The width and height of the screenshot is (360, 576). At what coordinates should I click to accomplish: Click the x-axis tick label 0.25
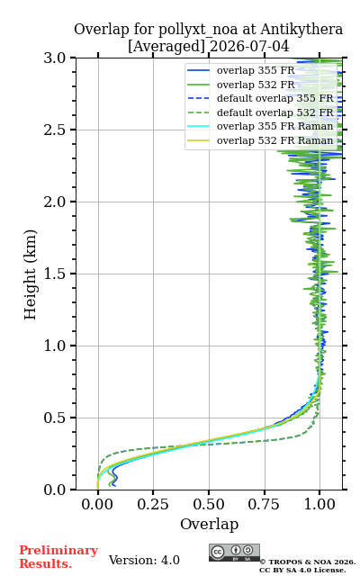pyautogui.click(x=153, y=504)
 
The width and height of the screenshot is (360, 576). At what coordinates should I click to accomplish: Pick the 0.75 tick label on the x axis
pyautogui.click(x=264, y=504)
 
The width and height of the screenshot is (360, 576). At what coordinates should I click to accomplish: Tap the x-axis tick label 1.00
pyautogui.click(x=319, y=504)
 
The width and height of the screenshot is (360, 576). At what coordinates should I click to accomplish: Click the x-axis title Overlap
pyautogui.click(x=209, y=524)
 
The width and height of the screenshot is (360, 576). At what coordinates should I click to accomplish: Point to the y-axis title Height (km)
pyautogui.click(x=30, y=274)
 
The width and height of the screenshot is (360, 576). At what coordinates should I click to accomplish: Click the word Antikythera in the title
pyautogui.click(x=301, y=30)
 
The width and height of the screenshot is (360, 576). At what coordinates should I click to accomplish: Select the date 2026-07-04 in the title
pyautogui.click(x=249, y=47)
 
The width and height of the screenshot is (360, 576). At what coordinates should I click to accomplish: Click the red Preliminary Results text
pyautogui.click(x=58, y=557)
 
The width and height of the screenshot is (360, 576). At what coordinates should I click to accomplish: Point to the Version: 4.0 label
pyautogui.click(x=144, y=560)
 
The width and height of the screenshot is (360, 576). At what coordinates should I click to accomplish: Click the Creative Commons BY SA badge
pyautogui.click(x=234, y=553)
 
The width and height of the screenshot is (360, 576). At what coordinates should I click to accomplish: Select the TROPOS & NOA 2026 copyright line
pyautogui.click(x=308, y=562)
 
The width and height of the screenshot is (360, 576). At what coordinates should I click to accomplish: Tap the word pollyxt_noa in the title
pyautogui.click(x=198, y=30)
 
